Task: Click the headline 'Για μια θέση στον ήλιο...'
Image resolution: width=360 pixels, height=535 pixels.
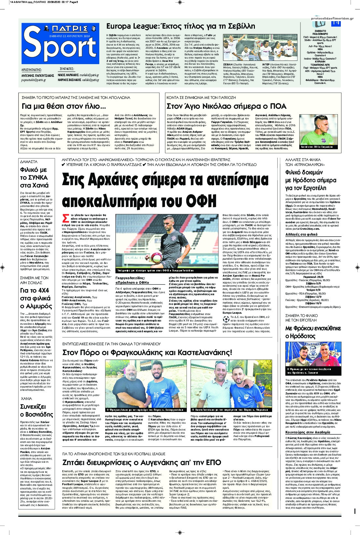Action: coord(63,106)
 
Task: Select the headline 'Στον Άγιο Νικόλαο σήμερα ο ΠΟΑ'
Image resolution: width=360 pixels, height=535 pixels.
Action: coord(226,106)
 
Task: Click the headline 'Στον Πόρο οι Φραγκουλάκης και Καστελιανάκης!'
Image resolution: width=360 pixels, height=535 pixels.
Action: coord(147,352)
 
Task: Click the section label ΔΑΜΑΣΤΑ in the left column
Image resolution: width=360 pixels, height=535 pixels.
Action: coord(29,161)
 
